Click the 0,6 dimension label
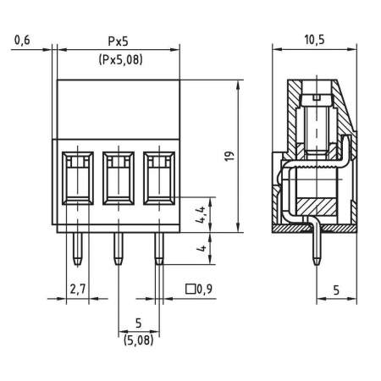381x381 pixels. tap(23, 40)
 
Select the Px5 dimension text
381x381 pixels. tap(119, 40)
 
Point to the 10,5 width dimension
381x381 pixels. tap(313, 40)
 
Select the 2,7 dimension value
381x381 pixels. tap(77, 290)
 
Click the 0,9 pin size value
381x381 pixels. tap(203, 290)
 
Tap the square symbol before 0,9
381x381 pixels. tap(189, 290)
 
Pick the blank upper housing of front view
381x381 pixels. tap(119, 108)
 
